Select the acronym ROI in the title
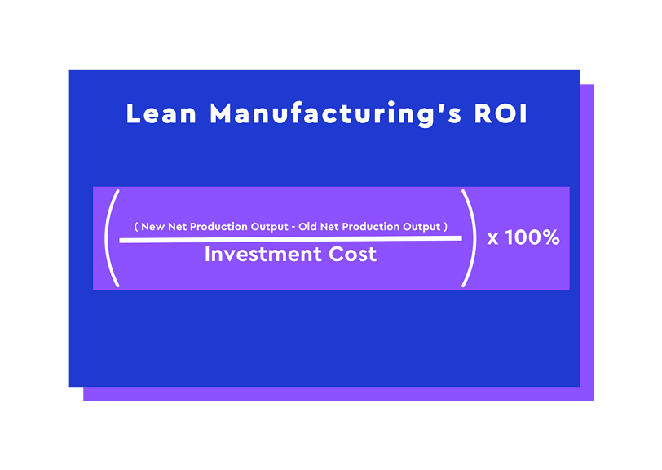tap(501, 114)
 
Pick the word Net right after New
tap(178, 227)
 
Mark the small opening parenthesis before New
tap(136, 227)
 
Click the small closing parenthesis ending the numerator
tap(446, 227)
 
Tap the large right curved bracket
tap(470, 237)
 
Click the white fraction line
tap(290, 239)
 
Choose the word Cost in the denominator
tap(352, 254)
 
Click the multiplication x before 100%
tap(492, 238)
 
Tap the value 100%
tap(532, 237)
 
